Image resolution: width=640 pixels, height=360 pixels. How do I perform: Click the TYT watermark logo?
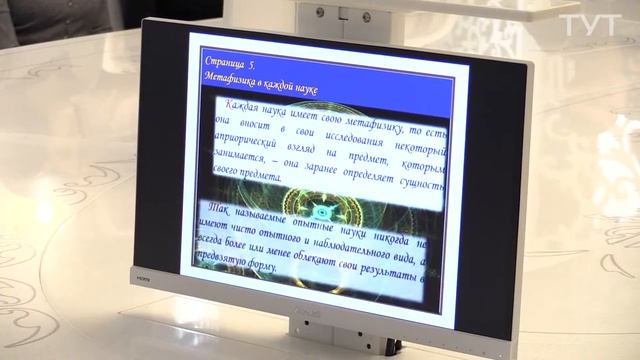(589, 25)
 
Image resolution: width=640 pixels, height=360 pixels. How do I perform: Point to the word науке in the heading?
(305, 90)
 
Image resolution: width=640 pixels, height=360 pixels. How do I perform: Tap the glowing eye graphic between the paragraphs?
(323, 211)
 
